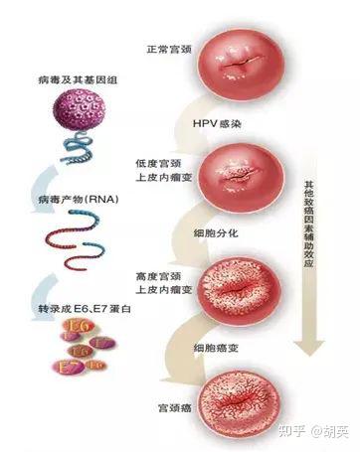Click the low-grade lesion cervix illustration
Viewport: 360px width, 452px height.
pyautogui.click(x=243, y=173)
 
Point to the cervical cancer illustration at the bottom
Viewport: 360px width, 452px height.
pyautogui.click(x=243, y=398)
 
